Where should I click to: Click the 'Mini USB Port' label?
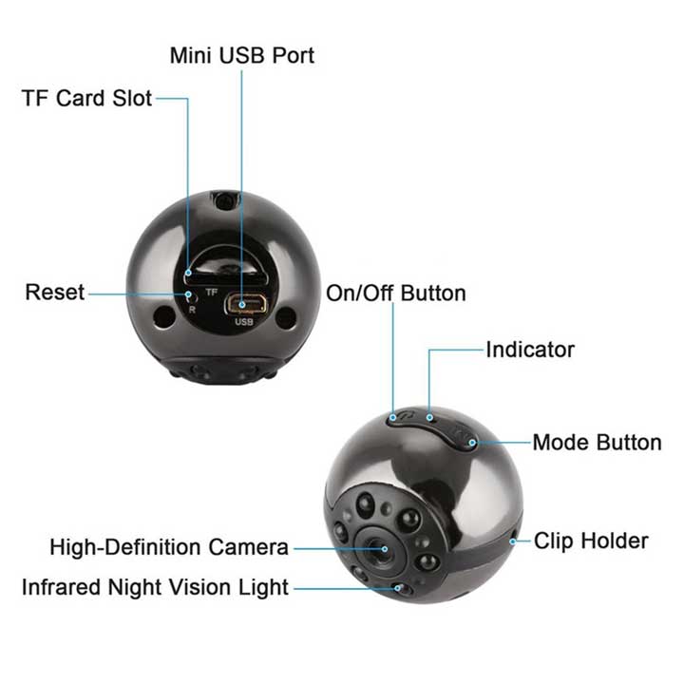click(242, 55)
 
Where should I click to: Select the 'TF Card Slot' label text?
click(86, 98)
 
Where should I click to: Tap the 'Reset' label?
click(55, 292)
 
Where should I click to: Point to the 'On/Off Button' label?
click(396, 294)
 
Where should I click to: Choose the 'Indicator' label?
click(530, 350)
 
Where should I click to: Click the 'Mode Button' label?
click(598, 443)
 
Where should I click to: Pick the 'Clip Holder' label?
click(591, 541)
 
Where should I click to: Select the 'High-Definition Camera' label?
click(169, 547)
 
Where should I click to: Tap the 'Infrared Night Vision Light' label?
click(155, 587)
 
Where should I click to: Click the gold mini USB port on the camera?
click(246, 304)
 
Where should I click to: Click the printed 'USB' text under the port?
click(244, 322)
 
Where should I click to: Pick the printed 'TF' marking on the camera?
click(212, 292)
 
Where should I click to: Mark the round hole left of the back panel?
click(164, 316)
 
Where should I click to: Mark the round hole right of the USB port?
click(286, 317)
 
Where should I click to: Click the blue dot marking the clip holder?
click(513, 541)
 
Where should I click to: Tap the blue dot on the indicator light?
click(429, 418)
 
